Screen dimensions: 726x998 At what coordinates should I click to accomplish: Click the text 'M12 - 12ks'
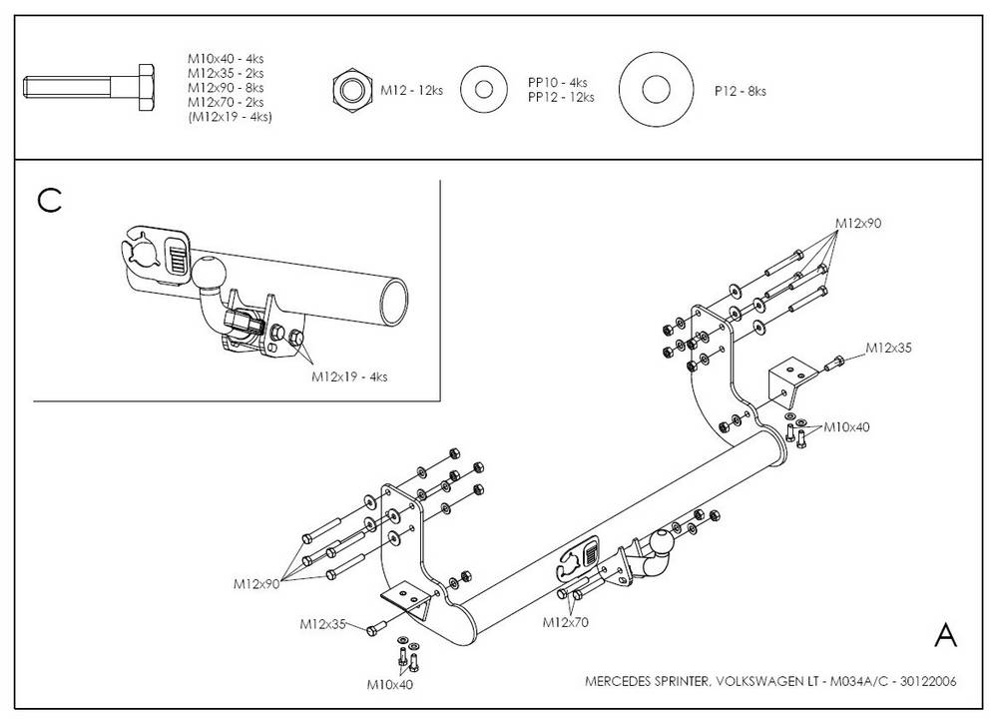point(411,91)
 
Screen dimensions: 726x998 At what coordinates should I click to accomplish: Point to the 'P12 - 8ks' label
point(740,91)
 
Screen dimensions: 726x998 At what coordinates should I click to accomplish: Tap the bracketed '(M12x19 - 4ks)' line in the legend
point(230,117)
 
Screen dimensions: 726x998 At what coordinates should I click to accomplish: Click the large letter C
point(49,201)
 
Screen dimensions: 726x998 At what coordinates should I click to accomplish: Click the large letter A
point(946,635)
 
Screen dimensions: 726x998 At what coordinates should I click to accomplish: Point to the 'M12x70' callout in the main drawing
point(566,622)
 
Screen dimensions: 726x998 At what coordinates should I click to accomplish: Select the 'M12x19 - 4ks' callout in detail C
point(349,376)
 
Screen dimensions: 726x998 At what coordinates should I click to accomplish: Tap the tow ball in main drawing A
point(662,544)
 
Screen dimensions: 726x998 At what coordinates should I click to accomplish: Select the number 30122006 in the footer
point(927,682)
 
